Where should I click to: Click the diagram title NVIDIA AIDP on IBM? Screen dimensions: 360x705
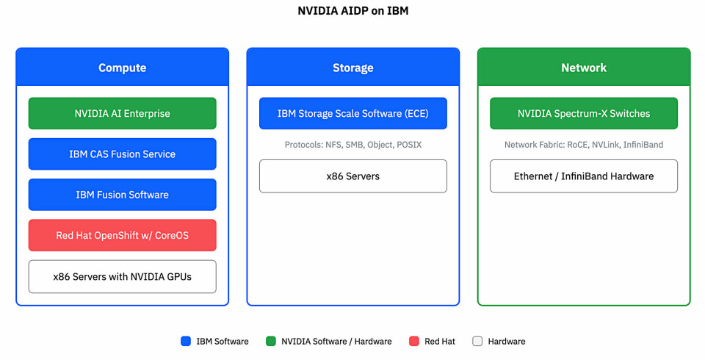click(x=352, y=11)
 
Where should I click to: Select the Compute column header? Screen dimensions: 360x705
click(x=122, y=68)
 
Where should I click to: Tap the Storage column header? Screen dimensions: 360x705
click(x=352, y=68)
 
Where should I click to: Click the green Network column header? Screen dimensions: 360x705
click(x=584, y=68)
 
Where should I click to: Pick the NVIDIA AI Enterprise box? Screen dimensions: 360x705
click(x=122, y=113)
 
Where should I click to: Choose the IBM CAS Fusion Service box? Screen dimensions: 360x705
click(x=122, y=154)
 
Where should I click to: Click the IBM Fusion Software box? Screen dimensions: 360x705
click(x=122, y=195)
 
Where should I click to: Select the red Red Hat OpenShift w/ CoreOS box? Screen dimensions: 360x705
click(x=122, y=235)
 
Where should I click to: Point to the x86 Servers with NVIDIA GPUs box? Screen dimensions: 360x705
click(x=122, y=276)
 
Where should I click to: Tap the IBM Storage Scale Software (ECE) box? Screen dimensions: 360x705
click(x=352, y=113)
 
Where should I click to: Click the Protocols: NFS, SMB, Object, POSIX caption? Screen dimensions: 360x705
click(x=352, y=145)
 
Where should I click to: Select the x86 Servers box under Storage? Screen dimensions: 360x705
click(x=352, y=176)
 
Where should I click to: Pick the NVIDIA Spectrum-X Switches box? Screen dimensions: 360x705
click(x=584, y=113)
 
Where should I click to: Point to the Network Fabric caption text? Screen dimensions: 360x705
click(x=584, y=145)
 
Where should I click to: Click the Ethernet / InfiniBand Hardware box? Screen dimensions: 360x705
click(x=584, y=176)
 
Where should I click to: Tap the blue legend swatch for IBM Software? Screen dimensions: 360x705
click(x=186, y=341)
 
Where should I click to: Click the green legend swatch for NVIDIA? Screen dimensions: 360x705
click(x=271, y=341)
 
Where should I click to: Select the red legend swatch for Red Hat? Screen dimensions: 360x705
click(x=414, y=341)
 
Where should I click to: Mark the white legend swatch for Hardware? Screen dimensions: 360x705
click(x=477, y=341)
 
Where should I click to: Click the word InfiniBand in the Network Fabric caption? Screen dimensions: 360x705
click(x=643, y=145)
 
